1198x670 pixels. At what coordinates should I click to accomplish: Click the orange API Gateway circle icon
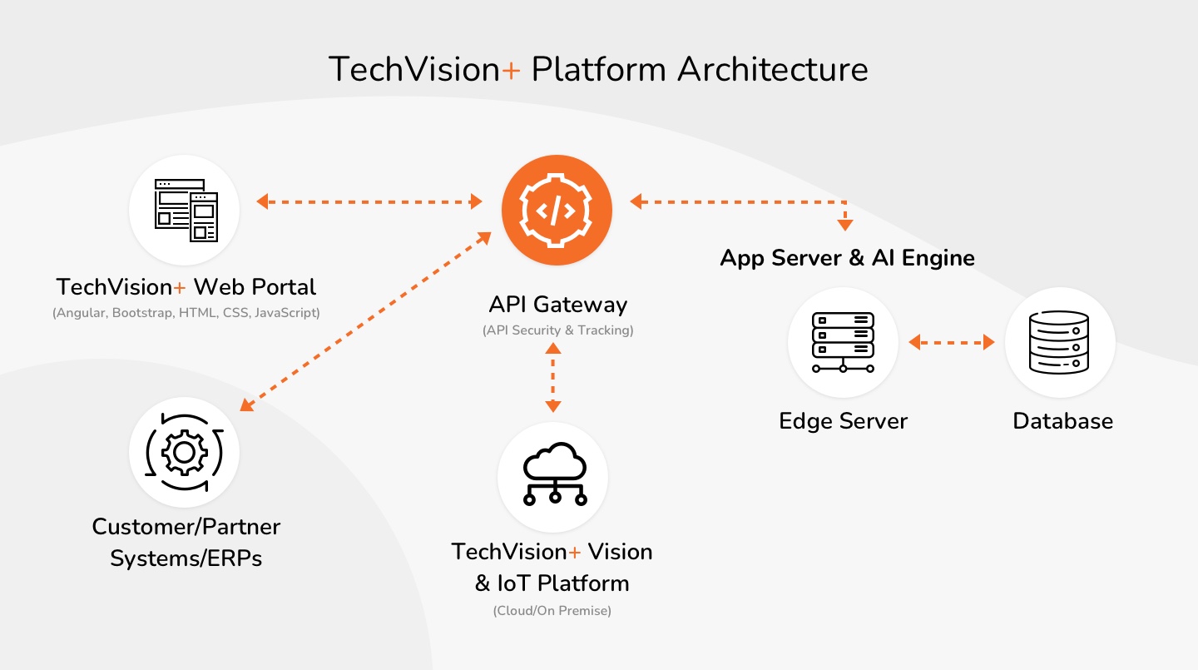pyautogui.click(x=557, y=211)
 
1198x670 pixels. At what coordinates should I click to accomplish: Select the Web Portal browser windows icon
pyautogui.click(x=185, y=211)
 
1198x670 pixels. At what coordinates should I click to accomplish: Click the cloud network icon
pyautogui.click(x=553, y=477)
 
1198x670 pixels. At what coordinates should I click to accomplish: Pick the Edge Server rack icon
pyautogui.click(x=843, y=342)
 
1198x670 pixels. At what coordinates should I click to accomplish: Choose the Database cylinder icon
pyautogui.click(x=1059, y=342)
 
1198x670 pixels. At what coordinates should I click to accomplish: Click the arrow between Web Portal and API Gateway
pyautogui.click(x=369, y=201)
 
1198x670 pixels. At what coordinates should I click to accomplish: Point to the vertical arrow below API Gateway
pyautogui.click(x=553, y=377)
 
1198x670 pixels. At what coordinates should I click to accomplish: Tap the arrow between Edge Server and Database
pyautogui.click(x=952, y=342)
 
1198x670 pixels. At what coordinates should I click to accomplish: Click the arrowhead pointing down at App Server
pyautogui.click(x=845, y=223)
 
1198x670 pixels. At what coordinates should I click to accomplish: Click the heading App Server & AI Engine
pyautogui.click(x=847, y=258)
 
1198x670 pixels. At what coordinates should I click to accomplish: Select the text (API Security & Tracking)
pyautogui.click(x=557, y=330)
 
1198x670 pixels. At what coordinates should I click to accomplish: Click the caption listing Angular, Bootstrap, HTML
pyautogui.click(x=186, y=314)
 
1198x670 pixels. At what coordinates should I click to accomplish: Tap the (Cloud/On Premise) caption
pyautogui.click(x=552, y=611)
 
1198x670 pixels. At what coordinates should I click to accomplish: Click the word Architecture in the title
pyautogui.click(x=772, y=68)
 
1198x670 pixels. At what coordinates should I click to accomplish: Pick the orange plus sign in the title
pyautogui.click(x=512, y=70)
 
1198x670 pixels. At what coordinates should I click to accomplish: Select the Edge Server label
pyautogui.click(x=843, y=421)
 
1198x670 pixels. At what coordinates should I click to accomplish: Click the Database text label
pyautogui.click(x=1062, y=421)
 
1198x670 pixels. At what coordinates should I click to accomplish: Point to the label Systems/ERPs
pyautogui.click(x=186, y=558)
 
